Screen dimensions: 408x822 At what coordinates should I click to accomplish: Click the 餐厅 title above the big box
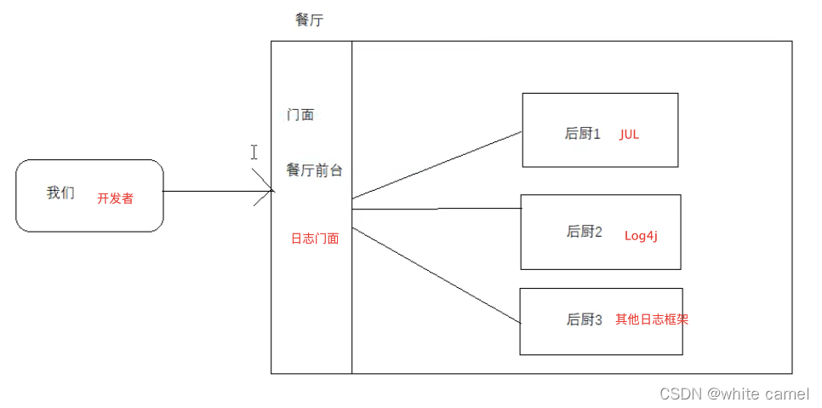309,20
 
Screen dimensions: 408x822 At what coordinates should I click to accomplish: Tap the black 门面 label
300,114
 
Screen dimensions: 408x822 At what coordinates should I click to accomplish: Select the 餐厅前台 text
314,170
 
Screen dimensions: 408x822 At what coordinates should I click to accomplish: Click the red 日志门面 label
315,238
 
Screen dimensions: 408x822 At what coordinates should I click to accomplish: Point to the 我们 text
60,193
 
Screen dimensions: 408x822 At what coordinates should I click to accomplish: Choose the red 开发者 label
115,198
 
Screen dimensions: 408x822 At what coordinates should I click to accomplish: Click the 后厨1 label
583,134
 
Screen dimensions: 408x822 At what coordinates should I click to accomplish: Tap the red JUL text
629,135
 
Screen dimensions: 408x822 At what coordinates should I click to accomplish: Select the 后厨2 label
585,232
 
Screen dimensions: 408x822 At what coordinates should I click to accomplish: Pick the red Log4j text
641,236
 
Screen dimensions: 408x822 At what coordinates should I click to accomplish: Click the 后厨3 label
585,320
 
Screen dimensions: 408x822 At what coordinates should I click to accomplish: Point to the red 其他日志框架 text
652,320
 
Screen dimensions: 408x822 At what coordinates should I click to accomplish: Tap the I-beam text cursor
254,152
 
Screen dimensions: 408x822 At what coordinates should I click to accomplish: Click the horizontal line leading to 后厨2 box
436,208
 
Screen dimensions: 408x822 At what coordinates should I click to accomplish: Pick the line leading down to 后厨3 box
436,274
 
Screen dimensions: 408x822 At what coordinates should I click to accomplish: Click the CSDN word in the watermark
680,394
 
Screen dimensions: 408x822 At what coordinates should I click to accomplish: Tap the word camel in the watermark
787,394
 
